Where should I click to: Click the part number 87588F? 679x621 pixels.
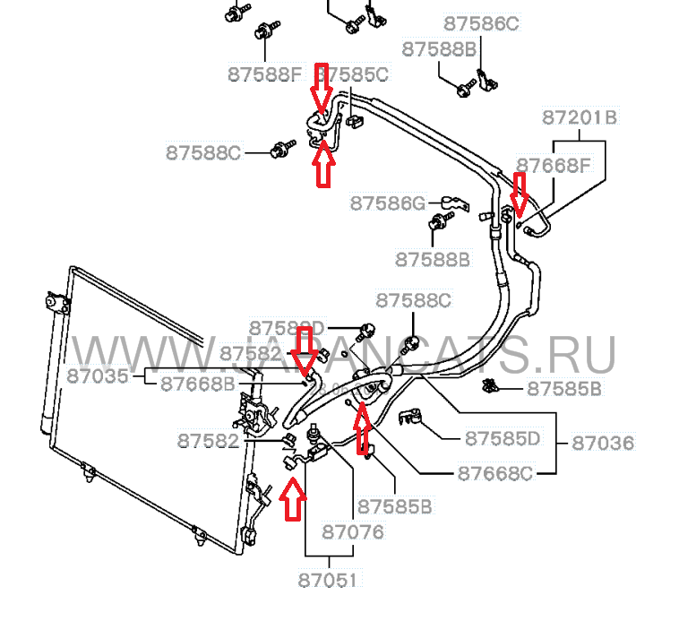pos(267,74)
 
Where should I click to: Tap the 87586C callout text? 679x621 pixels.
pos(481,24)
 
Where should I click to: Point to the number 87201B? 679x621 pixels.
pos(580,117)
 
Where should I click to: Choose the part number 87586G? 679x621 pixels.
pos(387,203)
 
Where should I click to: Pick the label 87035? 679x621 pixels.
pos(98,376)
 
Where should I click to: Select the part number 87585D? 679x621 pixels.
pos(503,439)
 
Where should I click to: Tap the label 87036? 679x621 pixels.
pos(602,443)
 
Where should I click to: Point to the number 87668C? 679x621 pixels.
pos(494,472)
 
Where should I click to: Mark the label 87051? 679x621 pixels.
pos(327,581)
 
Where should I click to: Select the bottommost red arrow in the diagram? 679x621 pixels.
pos(291,499)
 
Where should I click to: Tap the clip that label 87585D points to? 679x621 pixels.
pos(413,418)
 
